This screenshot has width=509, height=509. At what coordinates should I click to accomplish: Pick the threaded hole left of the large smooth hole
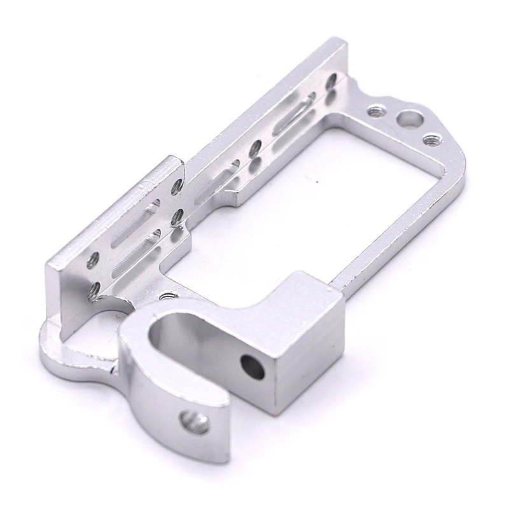(375, 110)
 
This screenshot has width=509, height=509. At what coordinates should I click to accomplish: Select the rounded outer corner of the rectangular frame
(455, 165)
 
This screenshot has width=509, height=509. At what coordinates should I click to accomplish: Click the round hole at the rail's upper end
(331, 81)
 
